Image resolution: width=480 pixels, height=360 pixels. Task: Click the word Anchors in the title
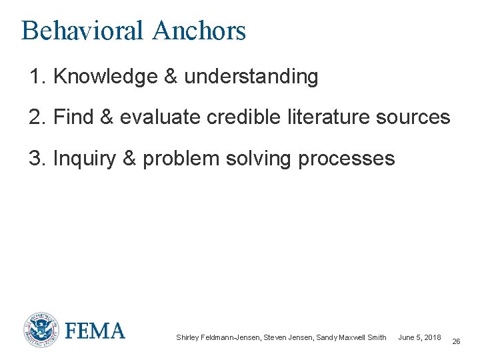[199, 31]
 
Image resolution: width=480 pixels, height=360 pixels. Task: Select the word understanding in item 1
[251, 77]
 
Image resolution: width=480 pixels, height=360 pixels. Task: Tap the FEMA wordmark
[95, 331]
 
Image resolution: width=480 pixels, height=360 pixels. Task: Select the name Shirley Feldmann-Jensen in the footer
[217, 337]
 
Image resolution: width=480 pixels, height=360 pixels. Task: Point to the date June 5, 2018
[419, 337]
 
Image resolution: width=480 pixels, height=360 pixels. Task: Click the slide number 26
[456, 341]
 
